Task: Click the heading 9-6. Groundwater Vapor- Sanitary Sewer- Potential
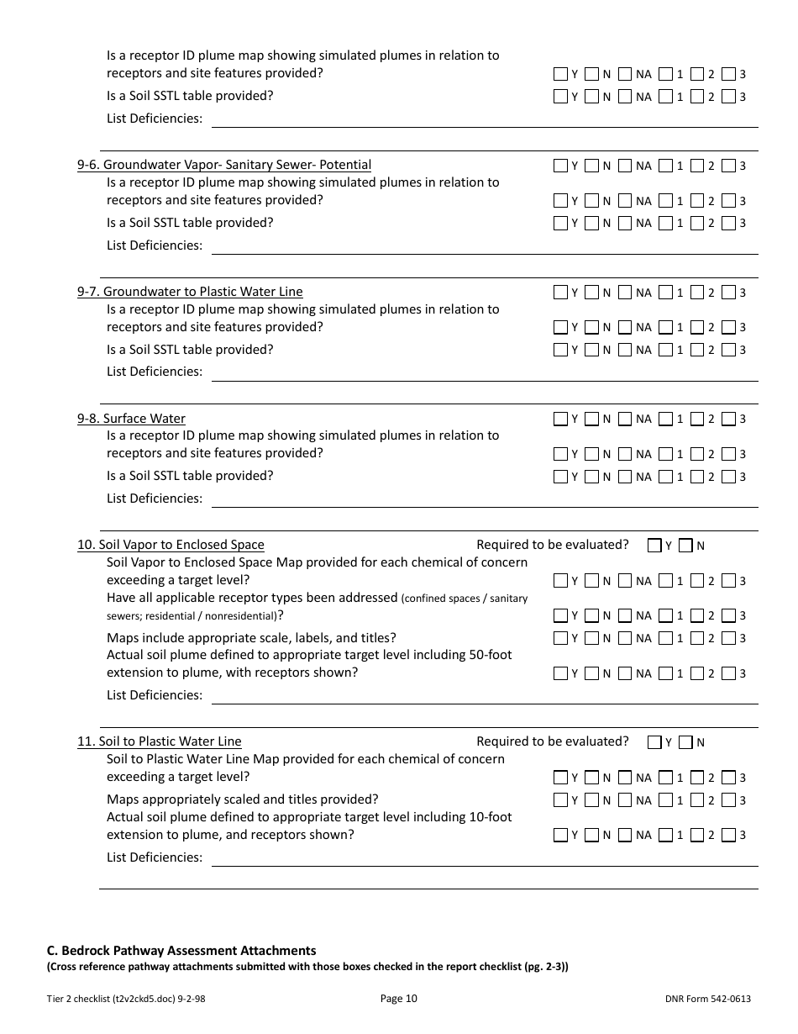coord(224,165)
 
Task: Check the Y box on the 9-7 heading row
coord(560,293)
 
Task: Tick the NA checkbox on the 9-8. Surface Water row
coord(624,419)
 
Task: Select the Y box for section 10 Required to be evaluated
coord(654,546)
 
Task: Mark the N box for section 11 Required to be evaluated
coord(685,742)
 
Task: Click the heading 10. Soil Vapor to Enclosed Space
coord(171,545)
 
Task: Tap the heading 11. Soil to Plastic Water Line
coord(159,741)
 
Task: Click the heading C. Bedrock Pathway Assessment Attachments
coord(181,951)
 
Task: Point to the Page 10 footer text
coord(398,999)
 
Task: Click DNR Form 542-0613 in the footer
coord(707,999)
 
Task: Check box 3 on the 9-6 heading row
coord(728,166)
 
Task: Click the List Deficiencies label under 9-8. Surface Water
coord(155,499)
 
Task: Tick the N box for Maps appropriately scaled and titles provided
coord(591,800)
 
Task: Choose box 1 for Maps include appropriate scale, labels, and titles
coord(665,638)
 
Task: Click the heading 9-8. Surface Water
coord(131,419)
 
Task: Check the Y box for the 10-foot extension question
coord(560,836)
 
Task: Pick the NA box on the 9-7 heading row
coord(624,293)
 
